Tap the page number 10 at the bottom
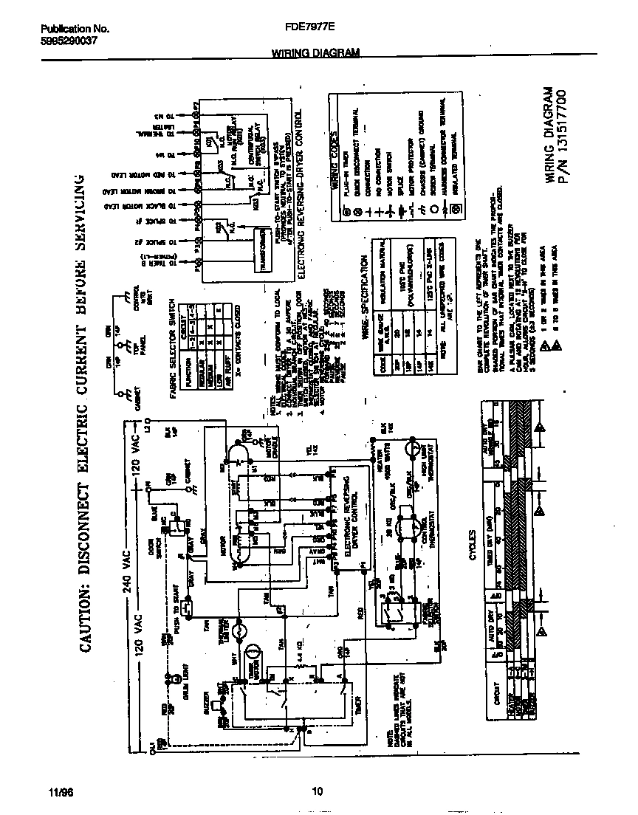pos(318,793)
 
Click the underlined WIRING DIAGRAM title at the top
pos(315,53)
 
